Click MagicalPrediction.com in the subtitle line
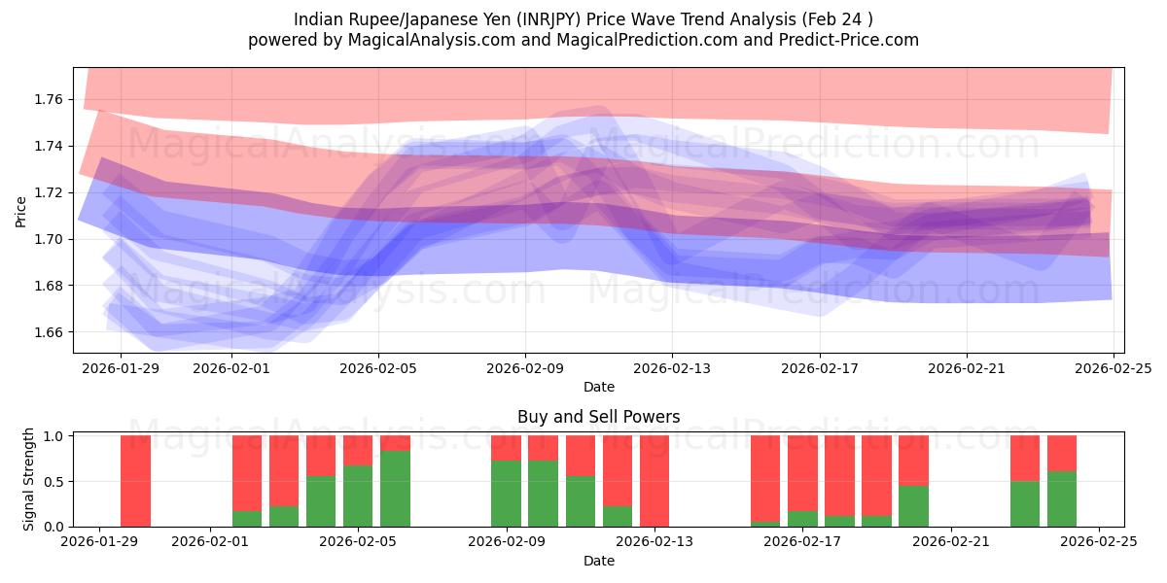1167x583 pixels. point(646,40)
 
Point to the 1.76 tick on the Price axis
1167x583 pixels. point(50,99)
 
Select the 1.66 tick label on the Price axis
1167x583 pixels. point(50,332)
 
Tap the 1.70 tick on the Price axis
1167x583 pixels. point(50,239)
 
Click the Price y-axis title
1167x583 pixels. point(20,211)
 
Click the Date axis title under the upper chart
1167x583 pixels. point(598,387)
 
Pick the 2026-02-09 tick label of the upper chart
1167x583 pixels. point(525,368)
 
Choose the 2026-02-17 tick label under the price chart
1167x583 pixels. point(819,368)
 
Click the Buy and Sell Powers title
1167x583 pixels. point(598,417)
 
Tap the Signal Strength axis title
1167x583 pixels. point(29,479)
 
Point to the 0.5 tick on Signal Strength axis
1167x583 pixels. point(56,481)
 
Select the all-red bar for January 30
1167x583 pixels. point(136,481)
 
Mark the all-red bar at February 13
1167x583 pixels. point(654,481)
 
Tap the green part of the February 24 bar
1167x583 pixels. point(1062,498)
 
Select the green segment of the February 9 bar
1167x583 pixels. point(506,494)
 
